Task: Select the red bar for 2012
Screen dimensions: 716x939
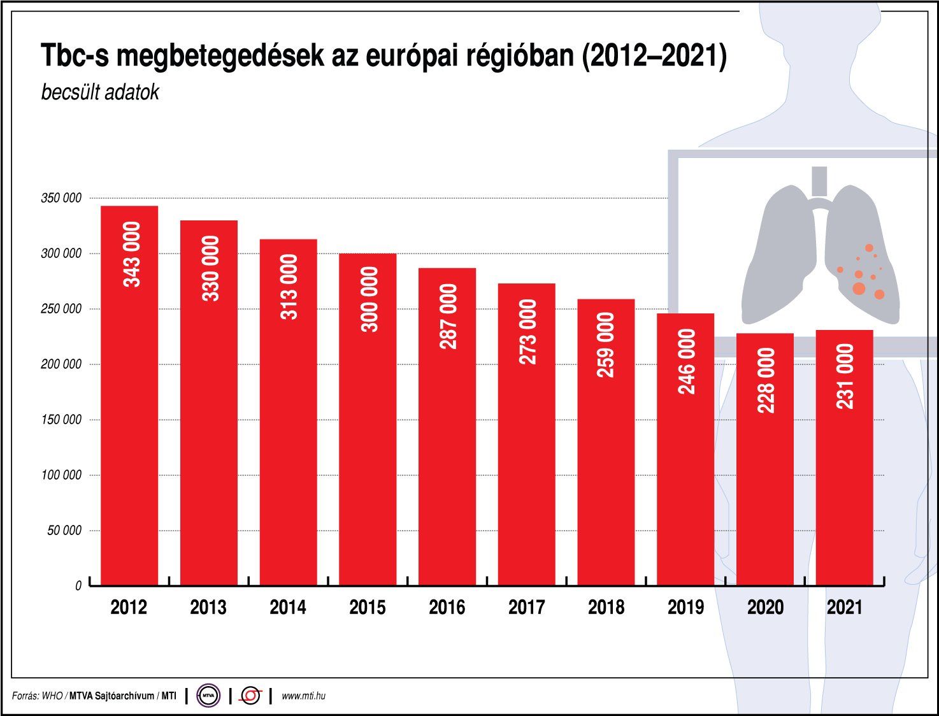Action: [x=129, y=395]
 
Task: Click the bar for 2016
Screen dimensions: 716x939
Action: [x=447, y=427]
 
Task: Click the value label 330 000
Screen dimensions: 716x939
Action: [x=210, y=268]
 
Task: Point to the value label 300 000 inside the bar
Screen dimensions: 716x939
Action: [x=369, y=299]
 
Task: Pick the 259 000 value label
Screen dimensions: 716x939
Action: [x=605, y=345]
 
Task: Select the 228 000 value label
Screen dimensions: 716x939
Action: [x=766, y=380]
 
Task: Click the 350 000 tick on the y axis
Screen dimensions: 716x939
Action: [x=61, y=198]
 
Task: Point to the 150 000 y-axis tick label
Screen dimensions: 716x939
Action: [x=61, y=420]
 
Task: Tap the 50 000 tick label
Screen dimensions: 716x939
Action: [x=64, y=531]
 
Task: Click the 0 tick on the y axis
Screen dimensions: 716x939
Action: [x=78, y=586]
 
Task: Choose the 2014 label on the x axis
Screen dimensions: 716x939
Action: [x=288, y=608]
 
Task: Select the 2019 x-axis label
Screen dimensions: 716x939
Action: [x=685, y=608]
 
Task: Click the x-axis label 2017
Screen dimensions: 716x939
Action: [x=527, y=608]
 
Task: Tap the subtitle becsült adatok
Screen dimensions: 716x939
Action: [x=100, y=92]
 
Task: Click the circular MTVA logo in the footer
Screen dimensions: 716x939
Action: [x=208, y=696]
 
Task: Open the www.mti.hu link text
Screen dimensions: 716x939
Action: [x=303, y=696]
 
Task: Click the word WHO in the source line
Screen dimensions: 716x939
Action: [x=52, y=696]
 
